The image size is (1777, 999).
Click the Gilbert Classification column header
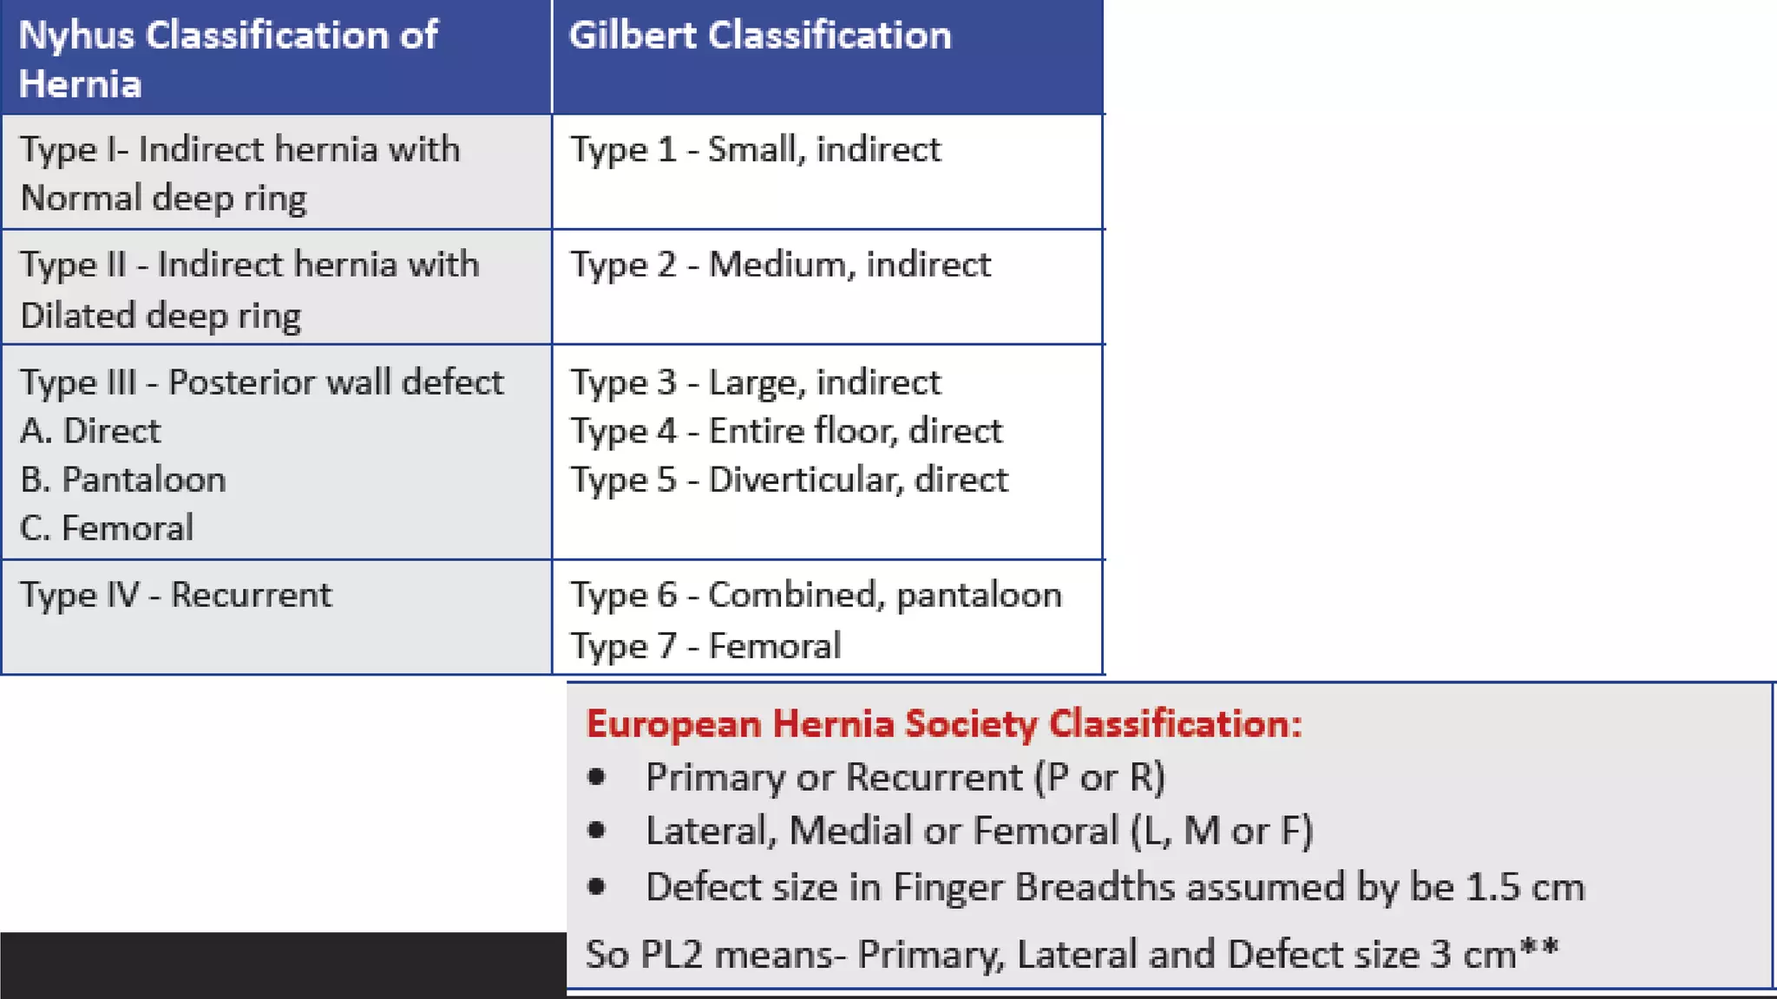[x=759, y=36]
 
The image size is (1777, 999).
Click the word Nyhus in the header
[x=76, y=36]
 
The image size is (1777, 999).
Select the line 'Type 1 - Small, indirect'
[x=755, y=149]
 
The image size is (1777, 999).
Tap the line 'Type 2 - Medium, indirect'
[x=780, y=264]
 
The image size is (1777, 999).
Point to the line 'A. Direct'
[x=90, y=431]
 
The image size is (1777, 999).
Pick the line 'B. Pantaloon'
[x=123, y=480]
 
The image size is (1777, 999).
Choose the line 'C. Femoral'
[x=107, y=528]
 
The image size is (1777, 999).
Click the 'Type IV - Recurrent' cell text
[x=175, y=595]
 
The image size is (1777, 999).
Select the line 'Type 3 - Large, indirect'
[x=755, y=382]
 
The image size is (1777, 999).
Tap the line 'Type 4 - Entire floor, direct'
[x=786, y=431]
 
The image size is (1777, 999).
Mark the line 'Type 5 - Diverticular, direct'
[x=789, y=480]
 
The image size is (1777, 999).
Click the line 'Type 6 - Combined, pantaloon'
[x=816, y=595]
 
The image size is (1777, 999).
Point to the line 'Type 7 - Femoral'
[x=705, y=646]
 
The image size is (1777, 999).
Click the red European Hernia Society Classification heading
[x=944, y=723]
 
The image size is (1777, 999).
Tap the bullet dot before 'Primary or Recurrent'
[x=596, y=776]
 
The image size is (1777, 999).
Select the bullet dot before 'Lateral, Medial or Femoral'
[x=596, y=830]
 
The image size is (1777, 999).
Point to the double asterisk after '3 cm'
[x=1539, y=944]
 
